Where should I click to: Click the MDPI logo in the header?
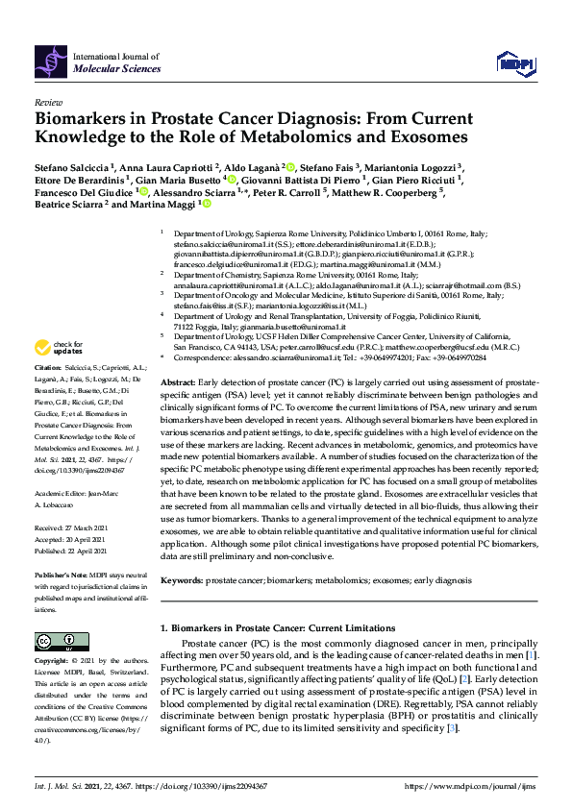pos(515,63)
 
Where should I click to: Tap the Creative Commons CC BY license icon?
pos(56,641)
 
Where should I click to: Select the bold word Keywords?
pos(183,580)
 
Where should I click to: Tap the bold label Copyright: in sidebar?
pos(53,662)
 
